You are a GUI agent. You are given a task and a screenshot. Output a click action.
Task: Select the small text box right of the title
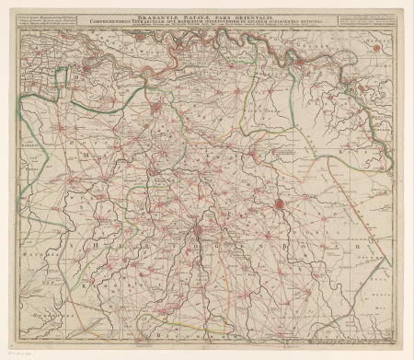tap(363, 21)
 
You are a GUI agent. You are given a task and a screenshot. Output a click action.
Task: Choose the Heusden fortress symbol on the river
tap(86, 66)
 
